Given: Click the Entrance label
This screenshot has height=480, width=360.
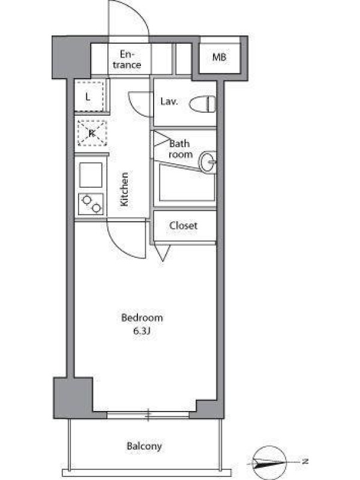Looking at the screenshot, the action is tap(127, 59).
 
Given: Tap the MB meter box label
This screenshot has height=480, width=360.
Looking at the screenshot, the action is tap(219, 57).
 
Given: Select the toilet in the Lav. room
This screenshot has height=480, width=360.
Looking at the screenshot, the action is tap(202, 104).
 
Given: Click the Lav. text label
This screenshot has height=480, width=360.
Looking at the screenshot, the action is tap(169, 101).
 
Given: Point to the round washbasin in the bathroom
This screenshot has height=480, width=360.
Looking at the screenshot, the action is tap(208, 161).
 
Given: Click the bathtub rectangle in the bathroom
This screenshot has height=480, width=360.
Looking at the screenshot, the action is tap(187, 183).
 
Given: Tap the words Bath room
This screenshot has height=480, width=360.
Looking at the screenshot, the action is tap(181, 149).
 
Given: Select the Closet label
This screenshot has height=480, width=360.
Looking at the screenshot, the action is tap(183, 226).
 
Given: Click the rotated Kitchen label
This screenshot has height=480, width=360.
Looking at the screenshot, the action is tap(124, 190).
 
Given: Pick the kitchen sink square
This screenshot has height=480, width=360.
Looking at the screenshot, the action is tap(91, 175).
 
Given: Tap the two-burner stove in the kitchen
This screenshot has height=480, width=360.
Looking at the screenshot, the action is tap(91, 204).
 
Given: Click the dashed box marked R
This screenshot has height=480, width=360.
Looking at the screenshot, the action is tap(92, 133).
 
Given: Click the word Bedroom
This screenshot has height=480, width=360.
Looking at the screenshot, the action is tap(142, 317).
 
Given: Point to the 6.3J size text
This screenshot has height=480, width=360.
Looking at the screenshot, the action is tap(141, 331).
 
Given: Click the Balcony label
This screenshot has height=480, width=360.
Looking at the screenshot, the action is tap(144, 446).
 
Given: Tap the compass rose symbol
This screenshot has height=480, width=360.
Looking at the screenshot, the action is tap(269, 462).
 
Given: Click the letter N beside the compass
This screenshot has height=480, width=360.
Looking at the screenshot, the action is tap(305, 461).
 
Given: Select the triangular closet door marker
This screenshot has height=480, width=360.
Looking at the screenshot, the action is tap(163, 252).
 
